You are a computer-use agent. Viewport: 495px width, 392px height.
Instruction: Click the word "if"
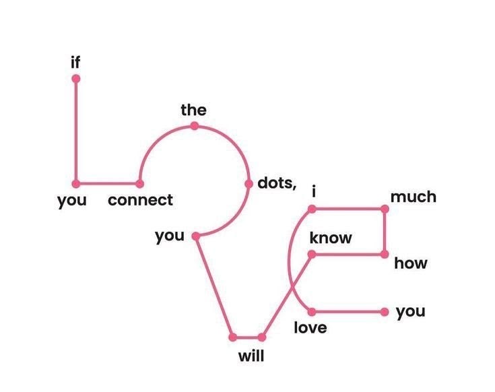click(x=75, y=62)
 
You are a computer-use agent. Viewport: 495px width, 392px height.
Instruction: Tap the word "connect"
click(x=140, y=200)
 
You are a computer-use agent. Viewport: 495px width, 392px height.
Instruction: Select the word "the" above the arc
click(x=193, y=110)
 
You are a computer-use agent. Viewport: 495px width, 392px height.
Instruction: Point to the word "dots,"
click(x=277, y=183)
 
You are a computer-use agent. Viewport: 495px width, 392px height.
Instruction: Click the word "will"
click(x=251, y=356)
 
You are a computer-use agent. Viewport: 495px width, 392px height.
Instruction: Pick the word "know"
click(x=331, y=238)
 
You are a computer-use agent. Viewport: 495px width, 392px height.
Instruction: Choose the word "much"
click(x=414, y=197)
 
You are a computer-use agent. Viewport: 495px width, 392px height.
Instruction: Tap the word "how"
click(x=410, y=263)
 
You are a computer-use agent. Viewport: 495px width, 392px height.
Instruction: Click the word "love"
click(x=310, y=327)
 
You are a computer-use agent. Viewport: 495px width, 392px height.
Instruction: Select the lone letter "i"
click(x=313, y=191)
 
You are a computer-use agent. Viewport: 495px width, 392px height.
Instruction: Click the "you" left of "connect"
click(x=71, y=201)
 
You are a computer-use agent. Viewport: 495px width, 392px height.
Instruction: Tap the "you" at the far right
click(x=411, y=312)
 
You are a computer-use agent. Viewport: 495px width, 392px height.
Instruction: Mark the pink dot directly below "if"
click(x=75, y=79)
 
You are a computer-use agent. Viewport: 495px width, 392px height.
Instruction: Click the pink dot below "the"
click(x=195, y=126)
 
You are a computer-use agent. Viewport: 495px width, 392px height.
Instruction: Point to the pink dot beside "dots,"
click(x=249, y=184)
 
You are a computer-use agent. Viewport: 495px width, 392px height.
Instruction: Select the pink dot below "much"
click(x=385, y=209)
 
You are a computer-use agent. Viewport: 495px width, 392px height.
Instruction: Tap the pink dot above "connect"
click(x=139, y=184)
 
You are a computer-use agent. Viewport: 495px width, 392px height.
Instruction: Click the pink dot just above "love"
click(x=312, y=312)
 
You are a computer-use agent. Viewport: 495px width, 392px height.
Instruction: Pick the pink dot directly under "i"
click(x=312, y=209)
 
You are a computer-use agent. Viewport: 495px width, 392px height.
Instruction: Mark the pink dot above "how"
click(x=385, y=255)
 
